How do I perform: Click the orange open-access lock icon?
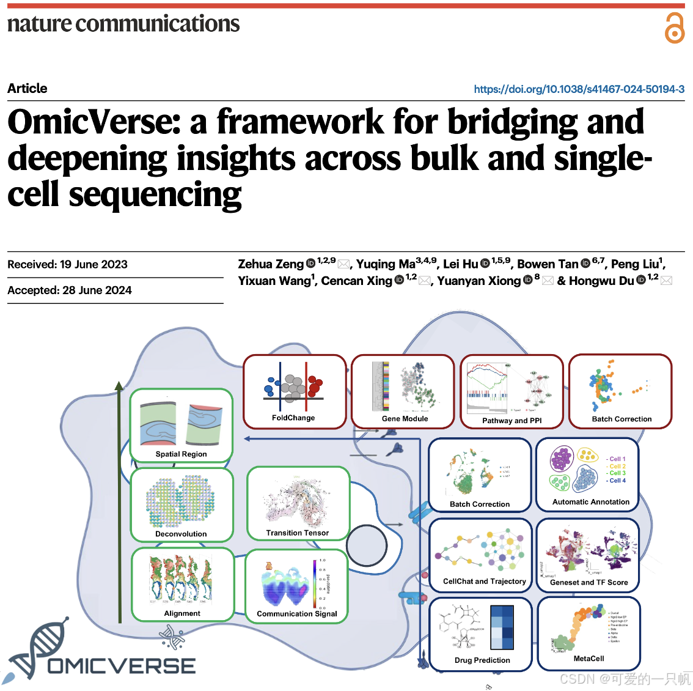[x=675, y=28]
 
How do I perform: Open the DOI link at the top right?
[x=579, y=89]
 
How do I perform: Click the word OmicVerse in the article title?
[x=94, y=122]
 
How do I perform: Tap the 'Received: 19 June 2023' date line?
[x=67, y=265]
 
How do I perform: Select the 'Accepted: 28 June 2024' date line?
[x=70, y=290]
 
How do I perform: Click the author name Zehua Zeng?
[x=271, y=264]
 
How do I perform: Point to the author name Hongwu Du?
[x=601, y=281]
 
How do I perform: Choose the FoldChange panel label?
[x=293, y=418]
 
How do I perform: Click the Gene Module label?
[x=405, y=419]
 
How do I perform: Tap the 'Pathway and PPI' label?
[x=512, y=421]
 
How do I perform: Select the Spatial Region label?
[x=181, y=454]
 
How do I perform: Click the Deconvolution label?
[x=181, y=534]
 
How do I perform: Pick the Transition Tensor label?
[x=297, y=533]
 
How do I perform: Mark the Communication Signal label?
[x=296, y=614]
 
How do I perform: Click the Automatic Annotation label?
[x=590, y=502]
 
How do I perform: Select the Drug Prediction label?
[x=482, y=660]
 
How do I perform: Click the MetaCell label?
[x=588, y=659]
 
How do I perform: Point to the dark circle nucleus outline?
[x=367, y=545]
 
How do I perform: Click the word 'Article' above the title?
[x=28, y=89]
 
